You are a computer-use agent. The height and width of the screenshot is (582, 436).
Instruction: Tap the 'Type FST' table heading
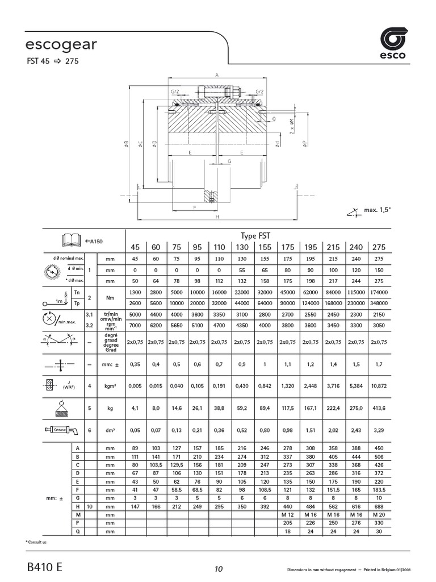point(257,235)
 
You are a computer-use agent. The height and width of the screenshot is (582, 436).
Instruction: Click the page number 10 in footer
point(219,569)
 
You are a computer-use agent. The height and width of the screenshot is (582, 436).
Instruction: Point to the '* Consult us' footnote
point(37,542)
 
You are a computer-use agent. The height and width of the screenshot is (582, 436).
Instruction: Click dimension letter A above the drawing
point(217,74)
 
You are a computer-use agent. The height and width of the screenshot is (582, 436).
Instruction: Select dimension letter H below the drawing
point(217,216)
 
